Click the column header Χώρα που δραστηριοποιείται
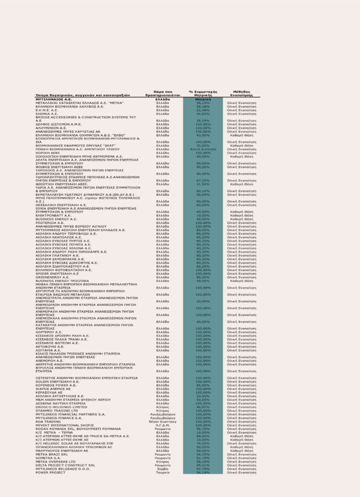tap(163, 94)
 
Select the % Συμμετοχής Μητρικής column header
tap(203, 94)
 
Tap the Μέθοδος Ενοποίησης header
tap(242, 94)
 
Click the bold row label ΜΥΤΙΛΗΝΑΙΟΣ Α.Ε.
tap(54, 99)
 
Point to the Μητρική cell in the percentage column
tap(203, 99)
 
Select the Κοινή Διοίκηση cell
tap(203, 149)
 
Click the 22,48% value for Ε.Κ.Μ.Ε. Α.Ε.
tap(203, 110)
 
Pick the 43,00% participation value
tap(203, 135)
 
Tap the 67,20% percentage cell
tap(203, 181)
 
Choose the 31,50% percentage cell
tap(203, 184)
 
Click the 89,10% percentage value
tap(203, 191)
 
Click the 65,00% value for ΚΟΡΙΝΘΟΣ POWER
tap(203, 385)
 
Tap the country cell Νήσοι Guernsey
tap(163, 422)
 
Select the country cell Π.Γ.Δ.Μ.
tap(163, 425)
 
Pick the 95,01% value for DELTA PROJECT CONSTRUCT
tap(203, 465)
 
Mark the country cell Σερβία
tap(163, 469)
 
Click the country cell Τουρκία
tap(163, 472)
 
